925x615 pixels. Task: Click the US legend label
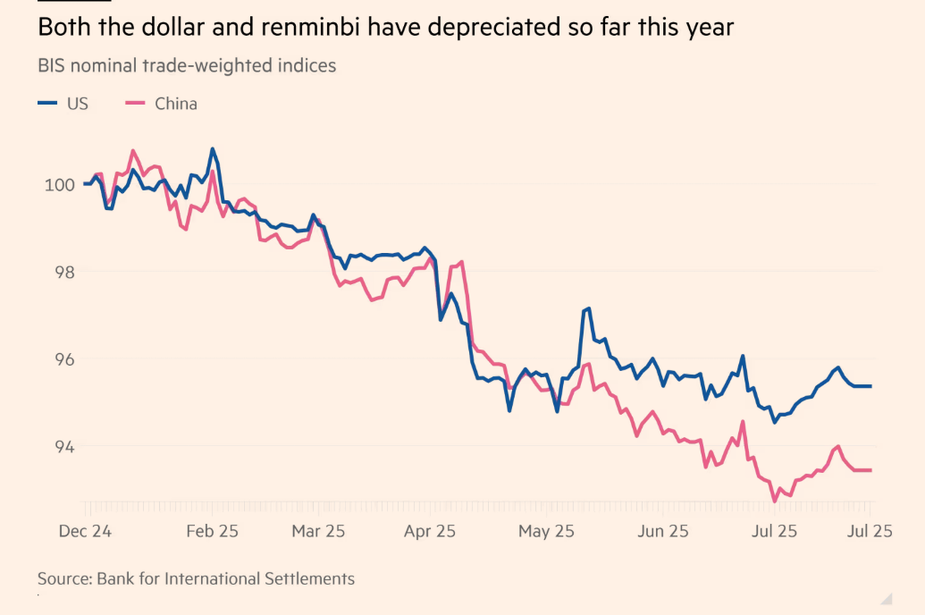click(78, 104)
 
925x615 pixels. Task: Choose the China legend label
click(176, 104)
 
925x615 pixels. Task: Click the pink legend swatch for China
click(135, 104)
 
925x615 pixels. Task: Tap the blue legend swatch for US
click(48, 104)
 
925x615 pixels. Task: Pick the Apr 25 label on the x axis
click(430, 531)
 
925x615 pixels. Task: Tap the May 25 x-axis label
click(546, 531)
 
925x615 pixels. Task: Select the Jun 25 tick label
click(662, 531)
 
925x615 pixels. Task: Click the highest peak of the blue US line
click(212, 148)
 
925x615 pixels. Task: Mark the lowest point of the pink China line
click(774, 501)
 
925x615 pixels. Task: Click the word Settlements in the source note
click(309, 579)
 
